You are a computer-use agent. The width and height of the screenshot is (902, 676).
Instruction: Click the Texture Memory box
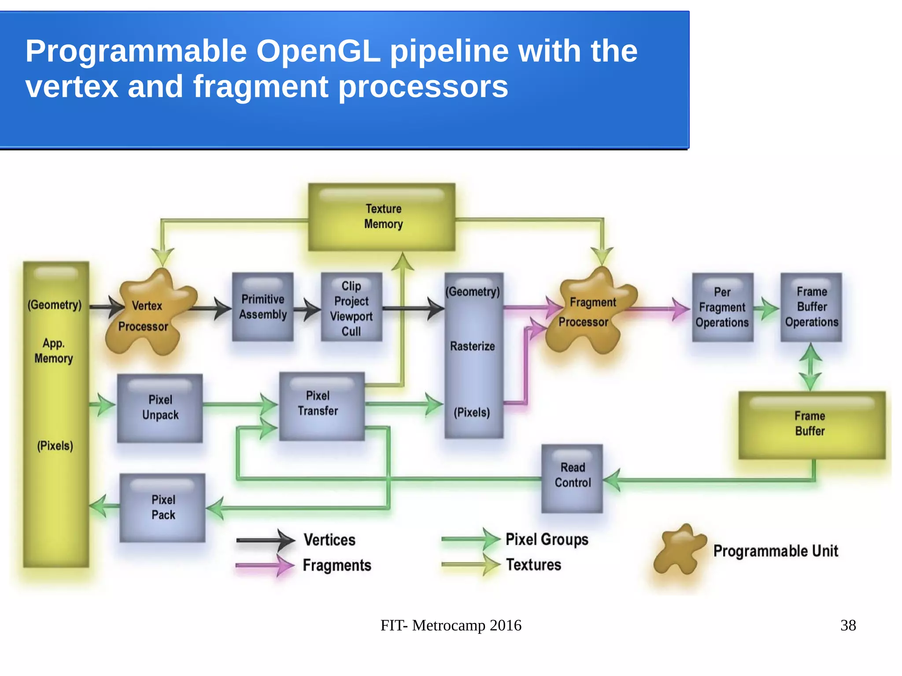(381, 217)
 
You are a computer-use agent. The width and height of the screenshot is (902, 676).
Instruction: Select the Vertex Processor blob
(148, 315)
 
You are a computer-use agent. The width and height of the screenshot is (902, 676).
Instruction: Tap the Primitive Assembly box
(263, 307)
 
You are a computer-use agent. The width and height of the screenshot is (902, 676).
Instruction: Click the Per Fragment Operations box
(722, 307)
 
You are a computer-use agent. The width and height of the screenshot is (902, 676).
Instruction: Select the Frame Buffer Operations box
(811, 307)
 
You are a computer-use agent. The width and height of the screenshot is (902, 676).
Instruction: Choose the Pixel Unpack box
(160, 408)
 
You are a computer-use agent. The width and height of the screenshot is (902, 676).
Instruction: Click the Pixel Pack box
(163, 507)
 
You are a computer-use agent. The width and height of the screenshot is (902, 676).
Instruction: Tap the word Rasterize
(472, 347)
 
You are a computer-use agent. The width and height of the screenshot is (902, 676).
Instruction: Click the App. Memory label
(54, 351)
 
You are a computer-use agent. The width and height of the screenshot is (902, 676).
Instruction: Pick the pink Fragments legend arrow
(265, 565)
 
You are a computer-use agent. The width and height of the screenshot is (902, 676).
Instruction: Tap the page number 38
(848, 625)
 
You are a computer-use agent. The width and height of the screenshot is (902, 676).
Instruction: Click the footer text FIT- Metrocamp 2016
(451, 625)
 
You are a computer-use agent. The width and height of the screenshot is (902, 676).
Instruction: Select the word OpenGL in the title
(318, 52)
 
